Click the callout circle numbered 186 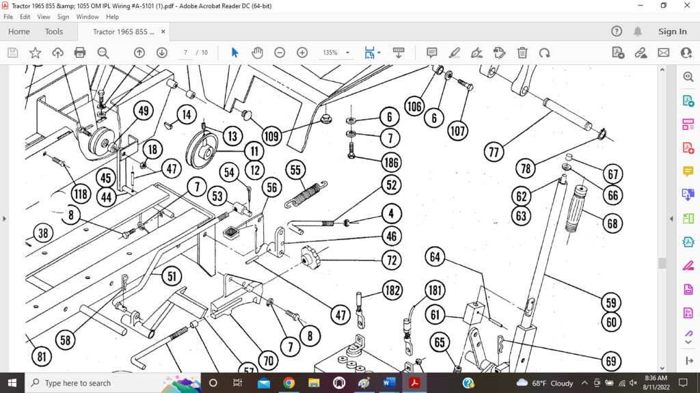point(392,163)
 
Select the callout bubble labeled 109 point(271,136)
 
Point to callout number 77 point(494,152)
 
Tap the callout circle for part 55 point(296,170)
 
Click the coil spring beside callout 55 point(302,193)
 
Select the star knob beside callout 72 point(311,259)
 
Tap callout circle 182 point(392,290)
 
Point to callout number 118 point(81,194)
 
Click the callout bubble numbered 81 point(42,355)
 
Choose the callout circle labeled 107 point(458,130)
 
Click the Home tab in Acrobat point(18,31)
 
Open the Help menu point(113,16)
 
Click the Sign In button point(672,31)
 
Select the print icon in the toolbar point(80,53)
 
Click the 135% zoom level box point(335,53)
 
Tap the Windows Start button point(12,383)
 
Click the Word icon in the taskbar point(389,383)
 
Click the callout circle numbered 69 point(610,361)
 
